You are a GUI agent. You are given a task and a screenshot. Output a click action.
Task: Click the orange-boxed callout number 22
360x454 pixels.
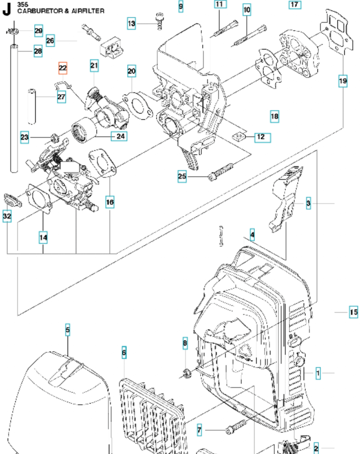coord(63,68)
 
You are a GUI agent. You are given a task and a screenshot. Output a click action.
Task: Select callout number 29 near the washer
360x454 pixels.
coord(39,31)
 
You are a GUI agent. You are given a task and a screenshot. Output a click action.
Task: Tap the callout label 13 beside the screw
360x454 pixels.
coord(131,23)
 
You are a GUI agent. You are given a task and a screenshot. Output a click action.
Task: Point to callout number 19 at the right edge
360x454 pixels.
coord(343,81)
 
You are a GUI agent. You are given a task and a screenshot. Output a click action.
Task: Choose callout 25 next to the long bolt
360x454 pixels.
coord(182,176)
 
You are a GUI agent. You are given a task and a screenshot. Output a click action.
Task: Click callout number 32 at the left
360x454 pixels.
coord(7,216)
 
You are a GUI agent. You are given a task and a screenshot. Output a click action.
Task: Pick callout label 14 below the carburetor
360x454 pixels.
coord(43,237)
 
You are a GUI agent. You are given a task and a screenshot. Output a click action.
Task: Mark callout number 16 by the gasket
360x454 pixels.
coord(110,202)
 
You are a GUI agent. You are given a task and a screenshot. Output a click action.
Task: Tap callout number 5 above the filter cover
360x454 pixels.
coord(67,330)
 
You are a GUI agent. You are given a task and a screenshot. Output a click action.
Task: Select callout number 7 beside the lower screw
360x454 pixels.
coord(199,430)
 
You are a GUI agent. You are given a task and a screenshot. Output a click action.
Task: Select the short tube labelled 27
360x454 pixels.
coord(32,106)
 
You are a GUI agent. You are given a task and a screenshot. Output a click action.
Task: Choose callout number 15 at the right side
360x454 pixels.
coord(353,312)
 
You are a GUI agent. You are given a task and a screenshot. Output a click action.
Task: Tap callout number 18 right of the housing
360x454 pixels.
coord(274,116)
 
